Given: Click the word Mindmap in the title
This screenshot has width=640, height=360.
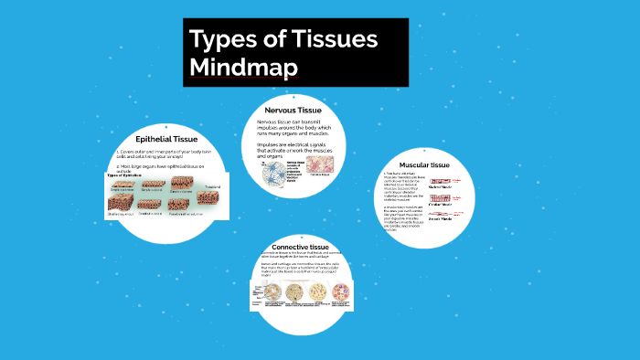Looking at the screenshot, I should (x=244, y=68).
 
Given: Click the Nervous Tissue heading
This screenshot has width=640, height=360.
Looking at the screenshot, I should (x=294, y=111).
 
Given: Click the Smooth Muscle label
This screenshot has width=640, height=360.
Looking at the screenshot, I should (x=441, y=219).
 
